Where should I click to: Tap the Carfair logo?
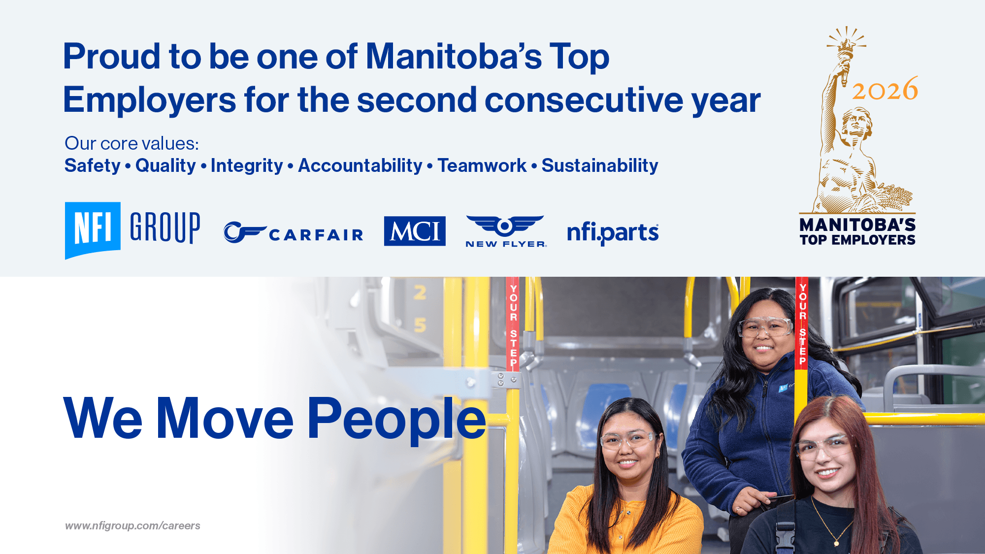tap(294, 233)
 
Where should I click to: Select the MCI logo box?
tap(415, 231)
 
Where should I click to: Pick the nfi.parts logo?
tap(613, 232)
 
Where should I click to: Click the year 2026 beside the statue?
tap(885, 90)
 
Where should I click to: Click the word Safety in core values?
tap(93, 166)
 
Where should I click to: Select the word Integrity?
tap(247, 166)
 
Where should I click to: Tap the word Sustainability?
tap(600, 166)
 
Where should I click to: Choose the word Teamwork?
tap(482, 166)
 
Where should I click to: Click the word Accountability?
tap(360, 166)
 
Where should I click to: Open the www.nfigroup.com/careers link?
tap(132, 526)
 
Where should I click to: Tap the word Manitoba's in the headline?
tap(453, 57)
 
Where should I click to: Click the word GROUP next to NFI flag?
tap(165, 228)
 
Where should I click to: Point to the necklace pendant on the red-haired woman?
tap(836, 543)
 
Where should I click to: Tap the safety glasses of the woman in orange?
tap(627, 439)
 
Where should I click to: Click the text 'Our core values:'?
tap(131, 144)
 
